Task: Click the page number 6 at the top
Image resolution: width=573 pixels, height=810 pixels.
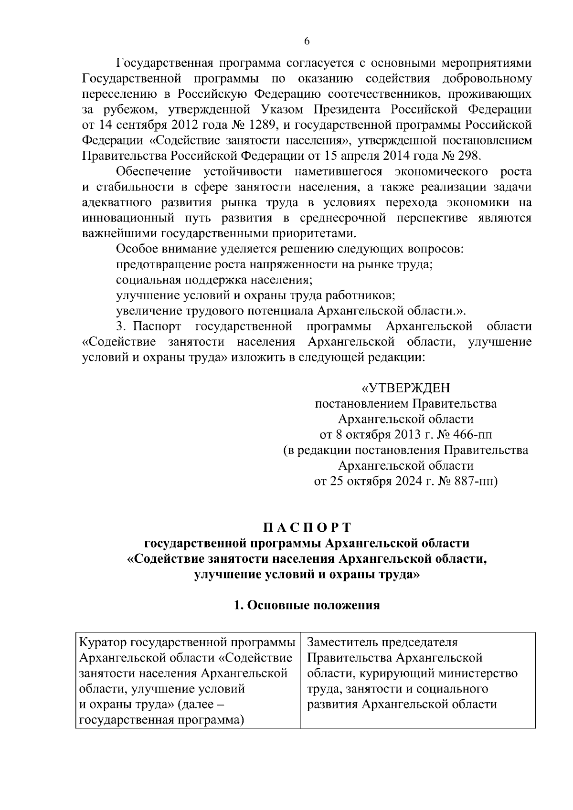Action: (x=307, y=42)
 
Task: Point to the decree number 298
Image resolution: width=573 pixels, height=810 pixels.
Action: (x=470, y=156)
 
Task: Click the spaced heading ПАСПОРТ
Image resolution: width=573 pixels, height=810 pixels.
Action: (x=307, y=527)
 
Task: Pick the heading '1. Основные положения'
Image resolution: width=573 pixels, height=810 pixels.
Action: (x=307, y=605)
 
